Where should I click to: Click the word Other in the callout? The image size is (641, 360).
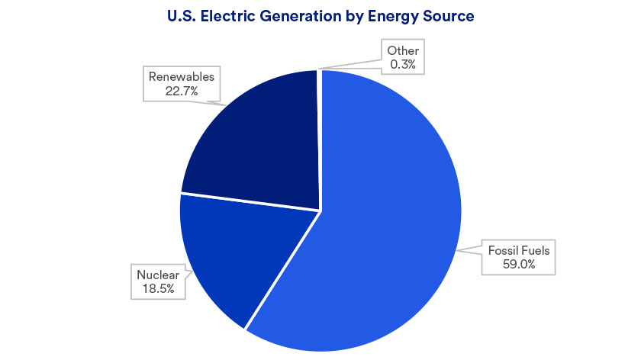point(403,51)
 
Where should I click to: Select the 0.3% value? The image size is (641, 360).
point(403,65)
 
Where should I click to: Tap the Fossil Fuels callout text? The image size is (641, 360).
point(518,249)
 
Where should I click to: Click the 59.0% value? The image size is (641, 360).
point(519,263)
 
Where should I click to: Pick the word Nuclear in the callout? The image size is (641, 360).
point(157,275)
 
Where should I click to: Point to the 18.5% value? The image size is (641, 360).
point(157,288)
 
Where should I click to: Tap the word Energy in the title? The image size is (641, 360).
point(400,14)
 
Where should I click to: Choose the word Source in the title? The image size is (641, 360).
point(450,14)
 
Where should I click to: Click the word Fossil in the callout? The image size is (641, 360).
point(503,249)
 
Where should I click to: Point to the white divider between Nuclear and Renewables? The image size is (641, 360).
point(248,201)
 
